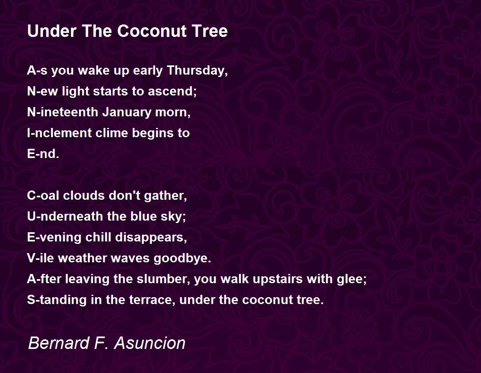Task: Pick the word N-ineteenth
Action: (63, 112)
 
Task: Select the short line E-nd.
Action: (43, 154)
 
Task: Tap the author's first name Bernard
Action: (59, 343)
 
